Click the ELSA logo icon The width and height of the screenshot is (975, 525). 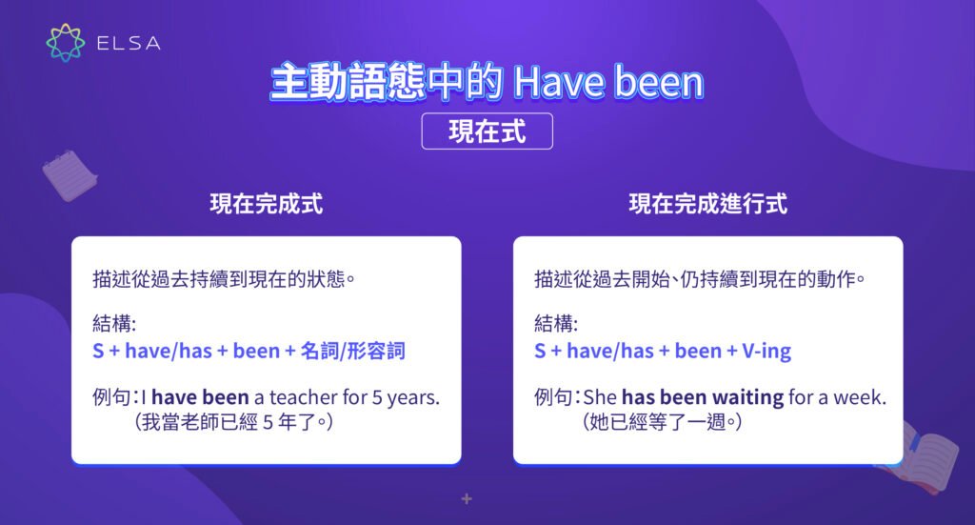point(65,42)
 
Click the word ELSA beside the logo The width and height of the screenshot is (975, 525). point(128,43)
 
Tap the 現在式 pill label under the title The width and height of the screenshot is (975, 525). point(487,132)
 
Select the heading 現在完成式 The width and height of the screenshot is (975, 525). point(267,204)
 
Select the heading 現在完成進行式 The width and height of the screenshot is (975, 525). point(708,204)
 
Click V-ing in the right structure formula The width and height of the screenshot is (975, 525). point(766,352)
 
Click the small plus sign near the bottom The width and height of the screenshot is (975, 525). point(467,498)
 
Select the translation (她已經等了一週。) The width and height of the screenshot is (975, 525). point(662,422)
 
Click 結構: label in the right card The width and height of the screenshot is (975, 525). point(555,321)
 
